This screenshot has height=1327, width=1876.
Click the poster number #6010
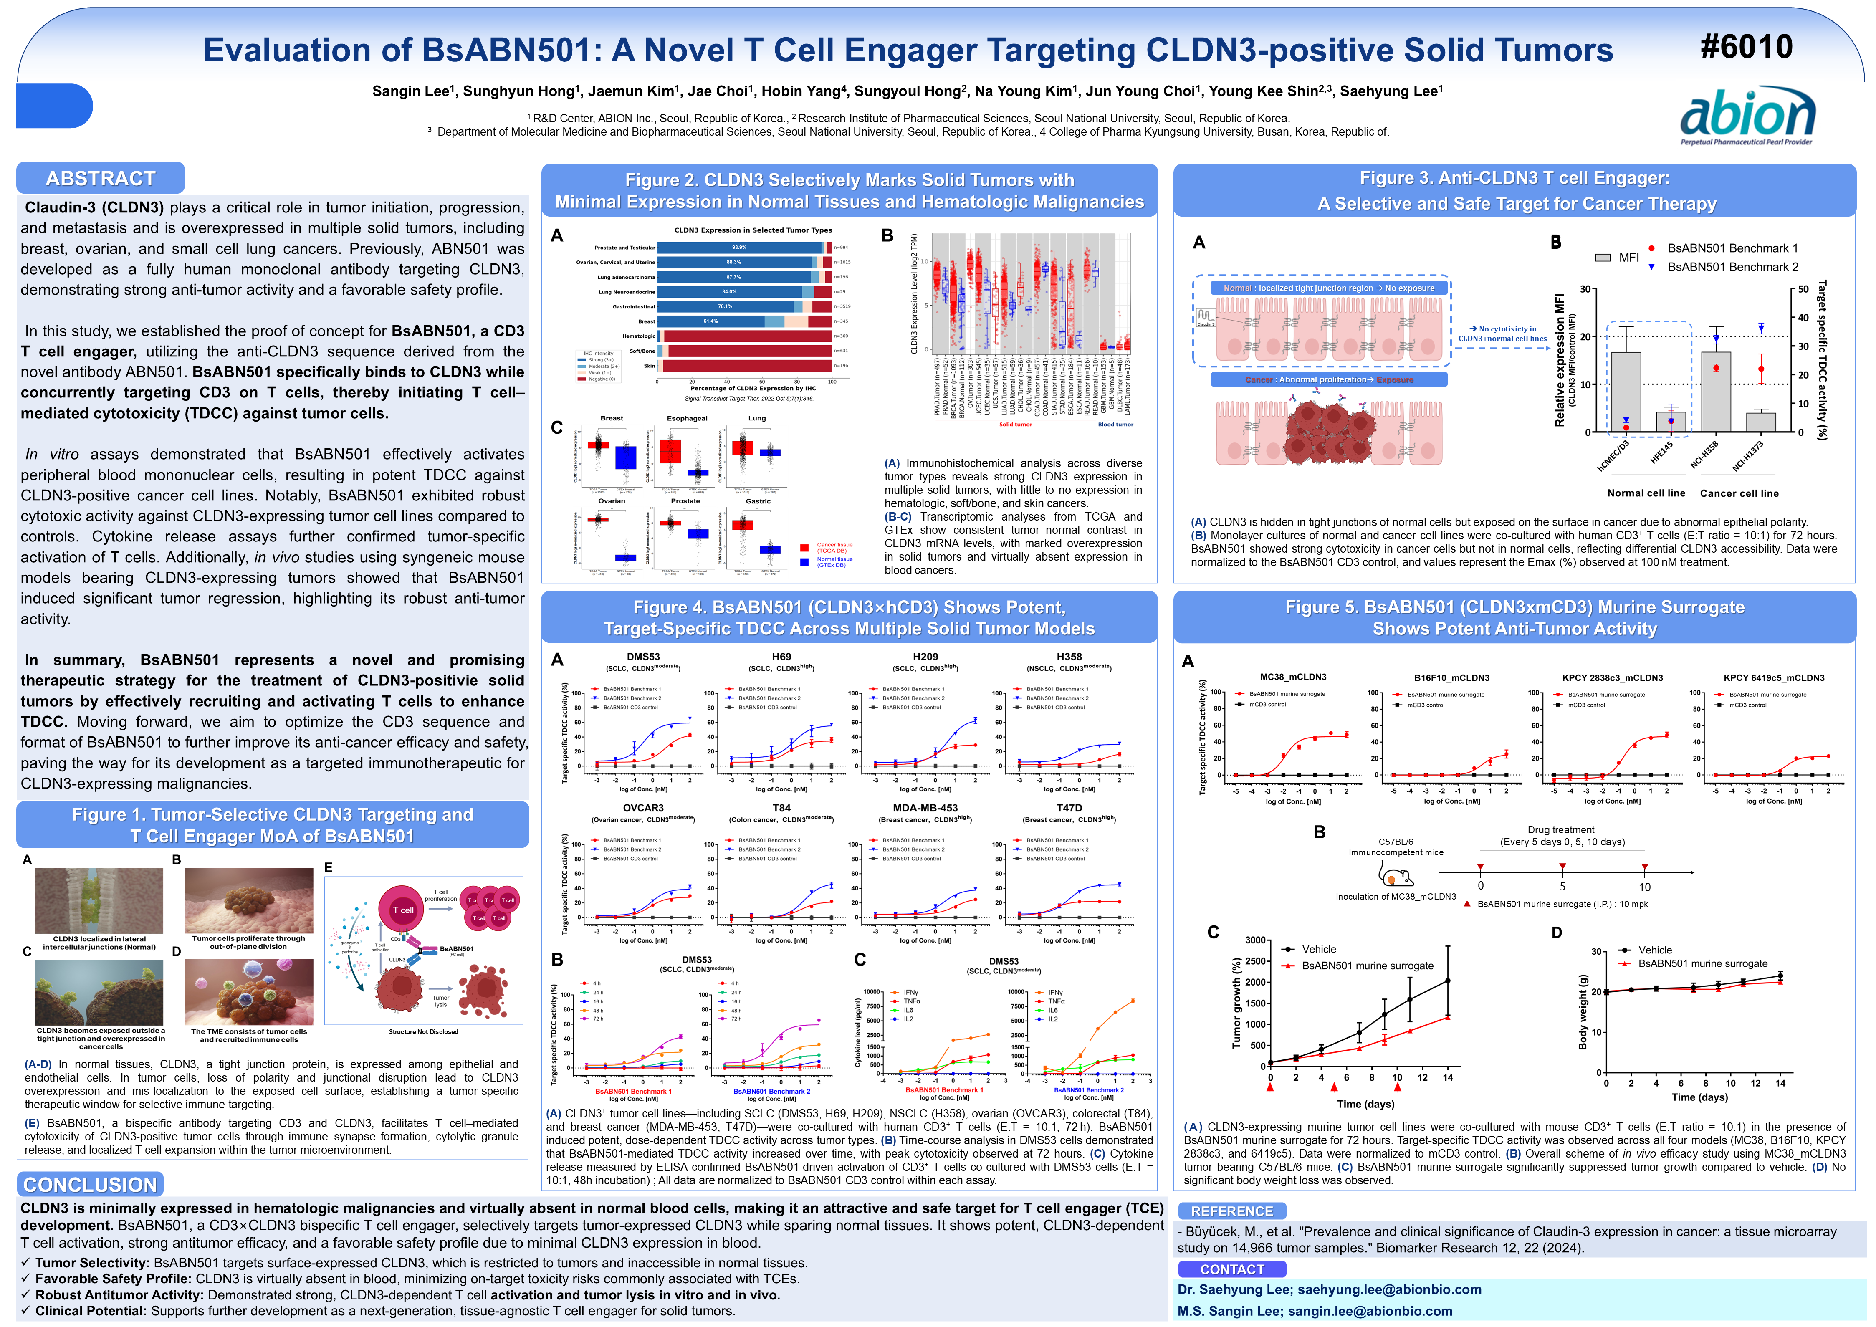(x=1746, y=48)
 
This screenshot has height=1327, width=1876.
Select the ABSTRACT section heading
(x=101, y=178)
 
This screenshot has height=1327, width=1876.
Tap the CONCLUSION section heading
(x=90, y=1184)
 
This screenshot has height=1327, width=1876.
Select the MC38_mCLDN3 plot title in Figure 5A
(x=1292, y=677)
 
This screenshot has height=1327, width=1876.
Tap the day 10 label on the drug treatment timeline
(x=1644, y=887)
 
